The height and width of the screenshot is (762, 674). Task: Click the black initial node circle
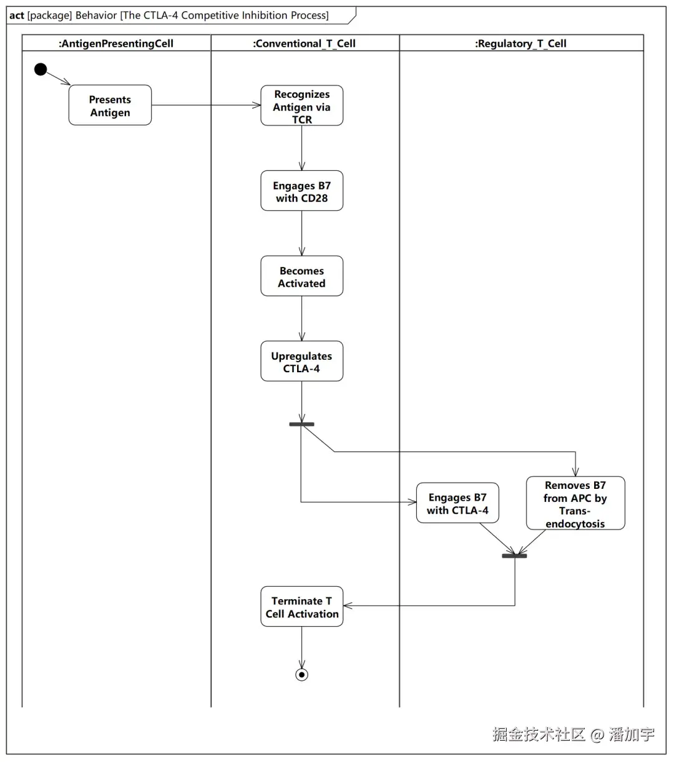[x=41, y=69]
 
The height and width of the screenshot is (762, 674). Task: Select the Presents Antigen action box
[x=110, y=105]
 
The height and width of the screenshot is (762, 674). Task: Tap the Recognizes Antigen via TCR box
[x=301, y=105]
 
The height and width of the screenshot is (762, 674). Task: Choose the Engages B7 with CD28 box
[x=301, y=191]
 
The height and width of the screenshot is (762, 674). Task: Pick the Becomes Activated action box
[x=301, y=276]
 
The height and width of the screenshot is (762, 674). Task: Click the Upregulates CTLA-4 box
[x=301, y=361]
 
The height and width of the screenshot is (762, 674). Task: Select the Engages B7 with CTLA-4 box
[x=457, y=503]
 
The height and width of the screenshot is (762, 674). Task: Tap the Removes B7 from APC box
[x=575, y=503]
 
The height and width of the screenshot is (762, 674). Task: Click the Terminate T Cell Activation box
[x=301, y=606]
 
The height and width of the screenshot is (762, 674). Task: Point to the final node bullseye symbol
[x=301, y=675]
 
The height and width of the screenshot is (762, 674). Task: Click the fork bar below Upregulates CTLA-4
[x=301, y=424]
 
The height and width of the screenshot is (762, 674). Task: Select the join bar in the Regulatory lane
[x=514, y=556]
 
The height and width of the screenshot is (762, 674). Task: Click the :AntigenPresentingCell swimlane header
[x=116, y=44]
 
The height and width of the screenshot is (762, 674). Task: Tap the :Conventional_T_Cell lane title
[x=305, y=44]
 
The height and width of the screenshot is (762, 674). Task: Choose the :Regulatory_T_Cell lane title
[x=520, y=44]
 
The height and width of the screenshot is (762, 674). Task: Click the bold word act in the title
[x=17, y=16]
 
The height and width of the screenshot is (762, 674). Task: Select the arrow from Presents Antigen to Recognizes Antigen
[x=206, y=105]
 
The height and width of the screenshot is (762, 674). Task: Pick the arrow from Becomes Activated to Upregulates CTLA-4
[x=301, y=319]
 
